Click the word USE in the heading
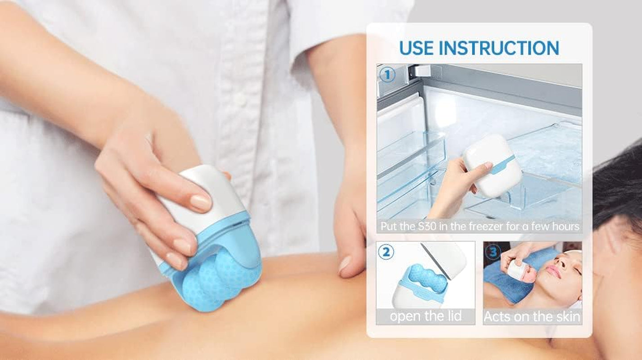tap(416, 48)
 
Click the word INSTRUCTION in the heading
tap(498, 48)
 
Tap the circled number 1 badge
tap(386, 75)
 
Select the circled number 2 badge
tap(386, 252)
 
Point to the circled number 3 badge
tap(494, 252)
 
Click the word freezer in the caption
tap(493, 226)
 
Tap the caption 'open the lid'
tap(426, 316)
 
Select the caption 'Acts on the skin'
tap(532, 317)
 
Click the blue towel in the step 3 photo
tap(508, 288)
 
